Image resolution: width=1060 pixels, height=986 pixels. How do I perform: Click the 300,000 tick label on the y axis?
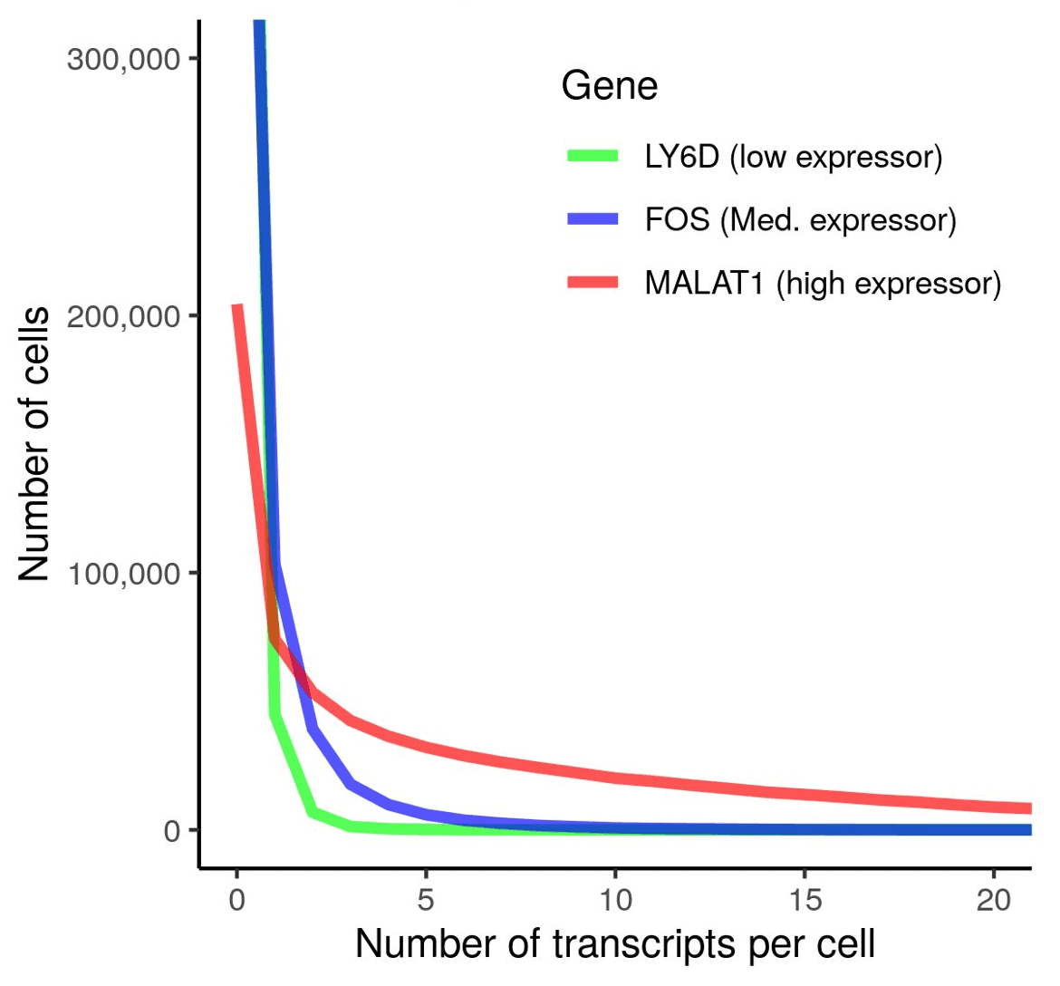pos(123,59)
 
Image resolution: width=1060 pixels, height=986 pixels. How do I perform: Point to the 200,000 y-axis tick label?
pos(123,316)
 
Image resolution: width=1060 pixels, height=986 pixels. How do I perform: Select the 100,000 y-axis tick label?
pos(123,574)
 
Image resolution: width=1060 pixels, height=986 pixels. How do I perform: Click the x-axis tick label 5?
pos(426,899)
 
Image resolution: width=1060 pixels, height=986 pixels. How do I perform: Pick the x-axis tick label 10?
pos(615,899)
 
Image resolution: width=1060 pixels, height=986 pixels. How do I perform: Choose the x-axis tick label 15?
pos(805,899)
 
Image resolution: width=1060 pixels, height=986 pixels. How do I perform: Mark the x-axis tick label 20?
pos(994,899)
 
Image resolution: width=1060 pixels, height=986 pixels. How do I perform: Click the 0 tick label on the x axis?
pos(236,899)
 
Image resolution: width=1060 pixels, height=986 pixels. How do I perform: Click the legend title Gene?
pos(609,86)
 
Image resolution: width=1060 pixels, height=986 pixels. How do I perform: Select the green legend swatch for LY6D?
pos(593,156)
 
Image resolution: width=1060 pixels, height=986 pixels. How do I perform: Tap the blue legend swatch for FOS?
pos(593,219)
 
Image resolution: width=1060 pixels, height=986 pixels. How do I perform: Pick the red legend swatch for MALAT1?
pos(593,283)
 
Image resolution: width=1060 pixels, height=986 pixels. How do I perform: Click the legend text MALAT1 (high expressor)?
pos(823,284)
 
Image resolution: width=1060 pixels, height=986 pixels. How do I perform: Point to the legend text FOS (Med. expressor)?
pos(800,220)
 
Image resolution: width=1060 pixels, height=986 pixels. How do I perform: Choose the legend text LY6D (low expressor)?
pos(794,157)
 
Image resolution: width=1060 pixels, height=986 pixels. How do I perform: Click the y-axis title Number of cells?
pos(34,444)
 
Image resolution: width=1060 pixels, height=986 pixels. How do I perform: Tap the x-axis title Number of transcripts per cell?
pos(615,944)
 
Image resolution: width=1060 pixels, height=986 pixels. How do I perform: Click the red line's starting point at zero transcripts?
pos(237,307)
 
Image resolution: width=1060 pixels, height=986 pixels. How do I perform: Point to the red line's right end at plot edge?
pos(1029,808)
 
